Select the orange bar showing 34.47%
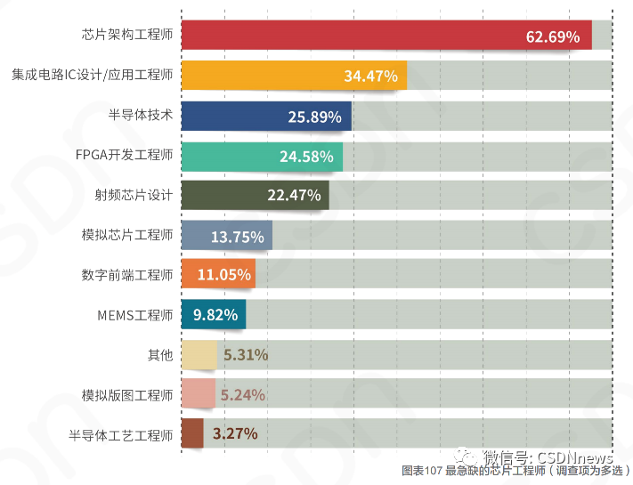[294, 76]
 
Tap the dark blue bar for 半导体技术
[266, 116]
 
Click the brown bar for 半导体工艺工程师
[192, 433]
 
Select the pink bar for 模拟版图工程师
[199, 394]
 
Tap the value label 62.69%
[553, 37]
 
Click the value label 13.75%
[237, 237]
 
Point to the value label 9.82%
[213, 315]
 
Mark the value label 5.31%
[246, 355]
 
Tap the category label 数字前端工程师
[126, 275]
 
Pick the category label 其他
[159, 355]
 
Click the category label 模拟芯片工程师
[126, 236]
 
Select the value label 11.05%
[223, 275]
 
